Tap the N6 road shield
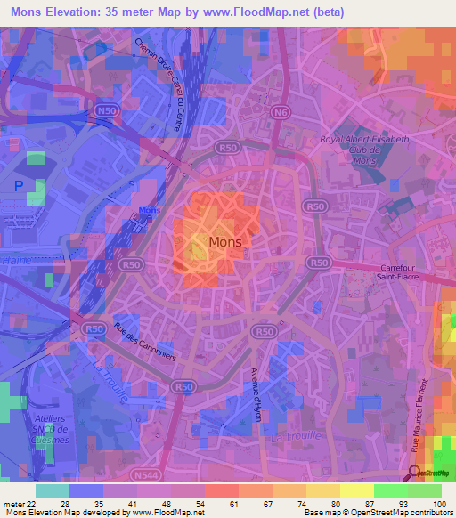click(x=281, y=112)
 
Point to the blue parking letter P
click(x=18, y=186)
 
